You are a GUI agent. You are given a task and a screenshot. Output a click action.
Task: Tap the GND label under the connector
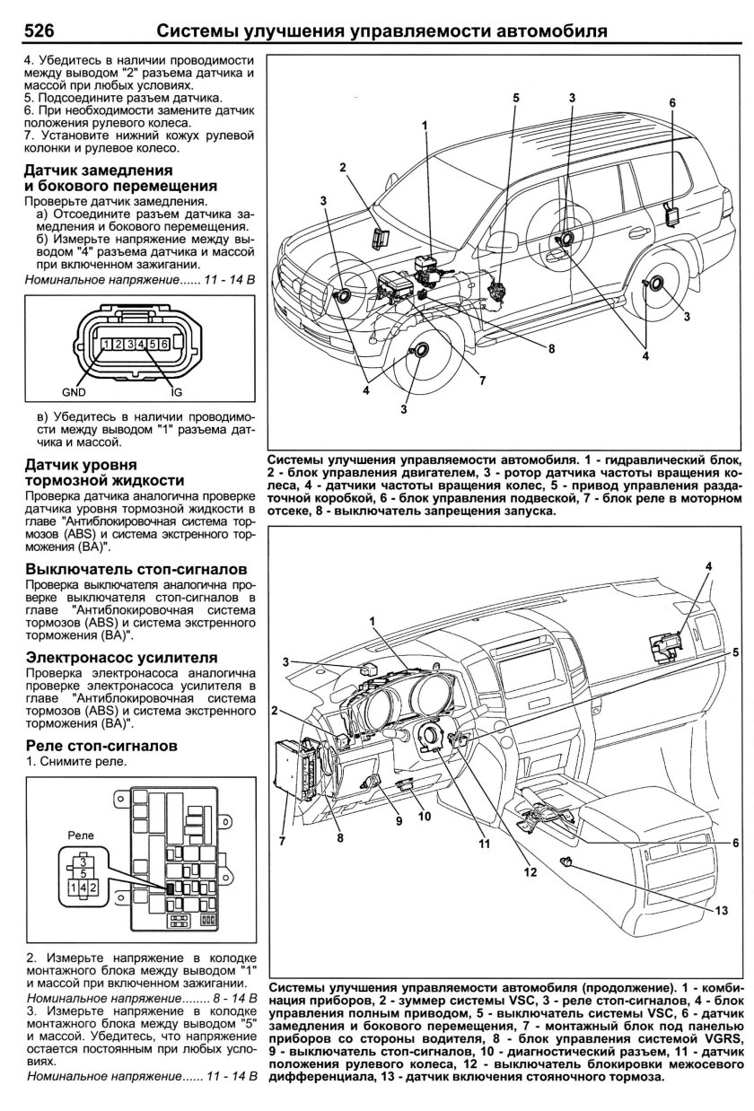74,392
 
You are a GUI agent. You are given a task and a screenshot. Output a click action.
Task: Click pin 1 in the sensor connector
106,345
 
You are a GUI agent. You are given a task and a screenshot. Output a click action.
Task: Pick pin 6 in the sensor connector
165,345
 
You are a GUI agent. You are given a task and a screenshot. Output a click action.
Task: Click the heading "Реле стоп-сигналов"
101,746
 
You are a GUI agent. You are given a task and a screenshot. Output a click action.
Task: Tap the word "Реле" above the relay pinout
82,834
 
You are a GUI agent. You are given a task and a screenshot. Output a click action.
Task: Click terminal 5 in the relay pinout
83,871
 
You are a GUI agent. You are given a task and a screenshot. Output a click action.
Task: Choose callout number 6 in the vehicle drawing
671,103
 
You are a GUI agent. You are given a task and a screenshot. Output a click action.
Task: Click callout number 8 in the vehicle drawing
552,347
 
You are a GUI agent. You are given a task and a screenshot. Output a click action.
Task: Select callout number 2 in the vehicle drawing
343,168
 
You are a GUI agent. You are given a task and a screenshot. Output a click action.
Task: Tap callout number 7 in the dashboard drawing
282,841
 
